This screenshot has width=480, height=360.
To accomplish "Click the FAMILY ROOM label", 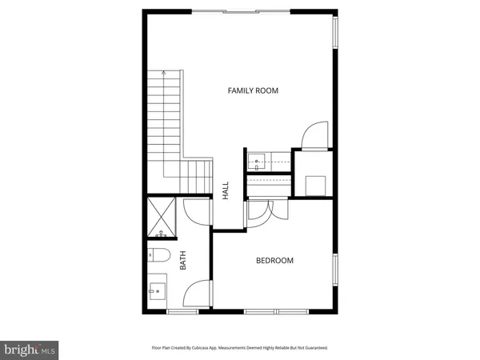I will point(253,91).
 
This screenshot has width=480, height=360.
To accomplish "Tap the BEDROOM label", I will point(274,261).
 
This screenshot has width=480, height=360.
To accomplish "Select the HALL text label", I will point(226,190).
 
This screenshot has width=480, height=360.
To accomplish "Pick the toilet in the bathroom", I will point(158,257).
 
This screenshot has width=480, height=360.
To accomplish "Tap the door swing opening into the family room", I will point(311,135).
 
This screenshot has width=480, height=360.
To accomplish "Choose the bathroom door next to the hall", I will point(194,213).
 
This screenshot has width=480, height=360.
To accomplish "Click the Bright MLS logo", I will point(30,349).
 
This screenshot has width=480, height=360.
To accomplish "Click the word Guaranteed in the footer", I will point(312,348).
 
